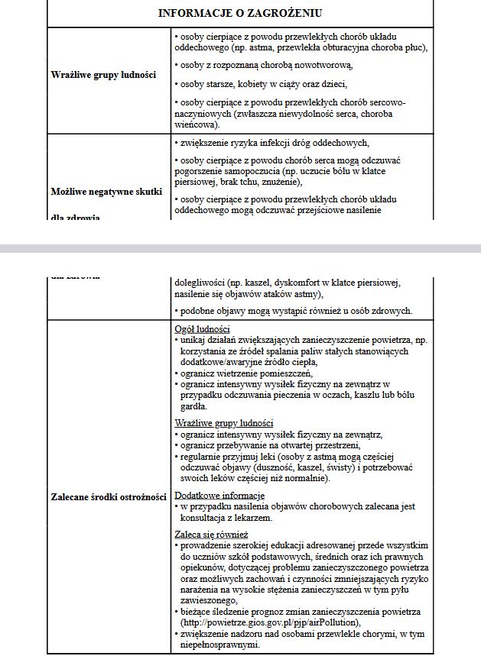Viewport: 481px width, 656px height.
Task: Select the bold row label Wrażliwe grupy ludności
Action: click(x=103, y=75)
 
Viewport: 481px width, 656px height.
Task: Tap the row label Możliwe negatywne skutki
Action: click(x=106, y=191)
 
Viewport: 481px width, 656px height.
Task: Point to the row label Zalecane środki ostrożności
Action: click(x=109, y=496)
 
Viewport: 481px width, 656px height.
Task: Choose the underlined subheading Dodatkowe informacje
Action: click(x=219, y=496)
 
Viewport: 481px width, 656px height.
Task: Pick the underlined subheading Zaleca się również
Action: click(x=211, y=534)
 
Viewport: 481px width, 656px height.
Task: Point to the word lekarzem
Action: click(x=249, y=517)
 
